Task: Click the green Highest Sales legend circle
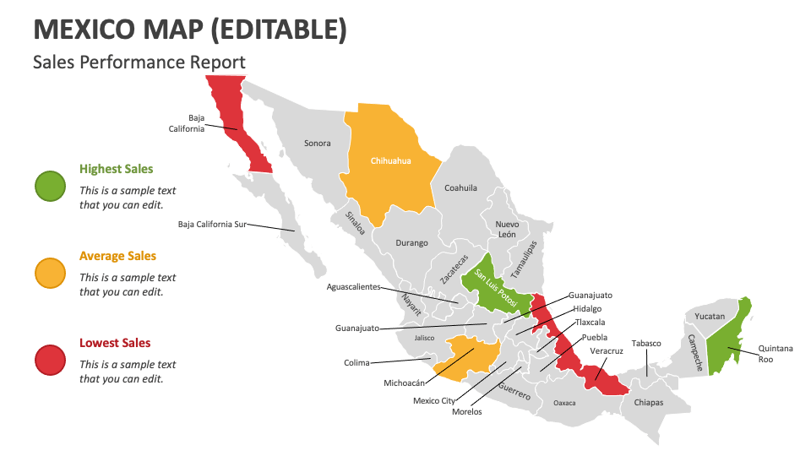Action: (x=50, y=187)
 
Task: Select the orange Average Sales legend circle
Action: (x=50, y=273)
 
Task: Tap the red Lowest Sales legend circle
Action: (x=50, y=360)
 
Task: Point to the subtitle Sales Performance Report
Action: (x=139, y=62)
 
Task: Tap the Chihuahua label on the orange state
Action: (x=390, y=160)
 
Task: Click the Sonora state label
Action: (x=318, y=144)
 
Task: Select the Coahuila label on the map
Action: (x=460, y=187)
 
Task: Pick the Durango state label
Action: (x=411, y=243)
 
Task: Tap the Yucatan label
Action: (x=710, y=317)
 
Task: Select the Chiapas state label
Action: (x=649, y=403)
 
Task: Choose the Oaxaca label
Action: (x=564, y=403)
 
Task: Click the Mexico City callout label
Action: (x=434, y=400)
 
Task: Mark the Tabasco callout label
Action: (x=646, y=344)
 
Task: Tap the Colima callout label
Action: (x=357, y=364)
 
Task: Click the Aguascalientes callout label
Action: (x=359, y=287)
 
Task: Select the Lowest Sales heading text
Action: (x=115, y=343)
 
